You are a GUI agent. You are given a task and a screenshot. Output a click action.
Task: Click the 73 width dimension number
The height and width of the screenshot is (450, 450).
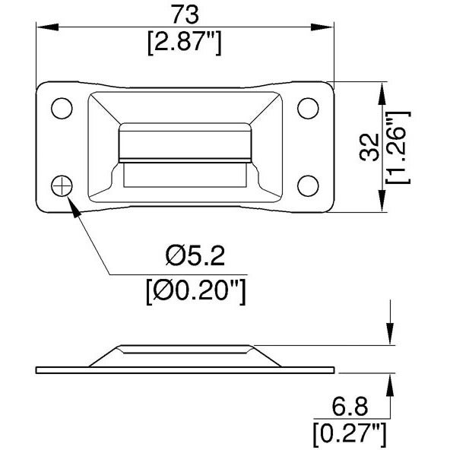pos(185,14)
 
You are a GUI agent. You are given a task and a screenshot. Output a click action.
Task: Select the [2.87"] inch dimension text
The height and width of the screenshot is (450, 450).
pos(185,43)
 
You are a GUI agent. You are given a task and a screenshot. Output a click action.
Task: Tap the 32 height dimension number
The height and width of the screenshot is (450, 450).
pos(369,147)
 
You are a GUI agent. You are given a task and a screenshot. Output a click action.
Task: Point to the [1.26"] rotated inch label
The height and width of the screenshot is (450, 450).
pos(398,147)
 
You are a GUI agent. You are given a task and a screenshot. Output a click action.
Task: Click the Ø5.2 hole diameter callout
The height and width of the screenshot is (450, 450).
pos(195,255)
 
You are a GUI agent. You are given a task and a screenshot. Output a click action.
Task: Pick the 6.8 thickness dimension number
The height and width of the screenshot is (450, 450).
pos(350,407)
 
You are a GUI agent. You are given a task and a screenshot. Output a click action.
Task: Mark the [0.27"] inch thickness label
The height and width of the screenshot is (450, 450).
pos(350,436)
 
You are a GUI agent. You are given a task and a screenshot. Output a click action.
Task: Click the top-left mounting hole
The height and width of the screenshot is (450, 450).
pos(62,109)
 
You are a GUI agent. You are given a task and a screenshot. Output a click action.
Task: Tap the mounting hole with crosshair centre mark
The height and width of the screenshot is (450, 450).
pos(62,186)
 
